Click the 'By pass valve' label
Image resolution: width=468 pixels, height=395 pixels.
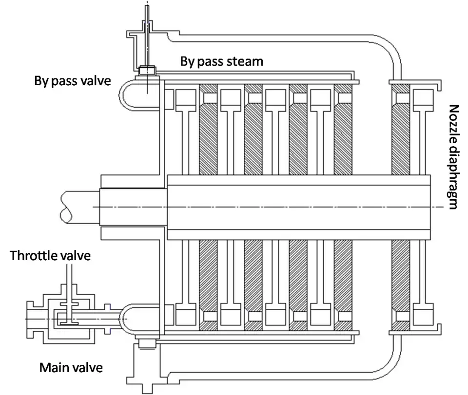coord(72,80)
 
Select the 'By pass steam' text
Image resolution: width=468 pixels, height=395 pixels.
coord(221,61)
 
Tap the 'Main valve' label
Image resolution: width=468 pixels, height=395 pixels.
coord(71,367)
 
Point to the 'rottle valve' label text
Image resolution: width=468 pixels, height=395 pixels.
coord(55,256)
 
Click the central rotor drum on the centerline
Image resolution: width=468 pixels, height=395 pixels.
coord(297,207)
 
